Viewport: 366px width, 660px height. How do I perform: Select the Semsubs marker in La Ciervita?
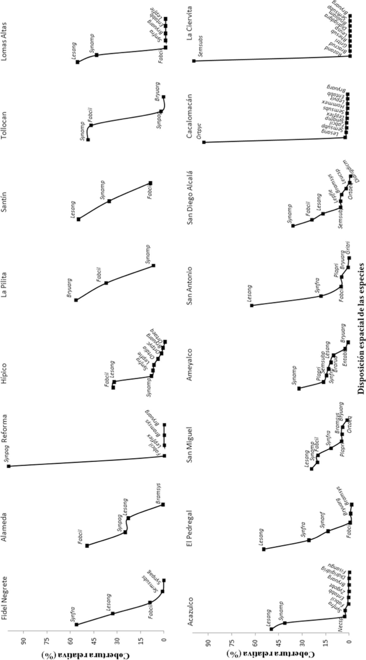pyautogui.click(x=194, y=61)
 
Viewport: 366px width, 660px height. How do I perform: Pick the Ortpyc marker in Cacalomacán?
pyautogui.click(x=204, y=142)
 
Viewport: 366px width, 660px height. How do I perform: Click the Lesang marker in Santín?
pyautogui.click(x=78, y=219)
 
